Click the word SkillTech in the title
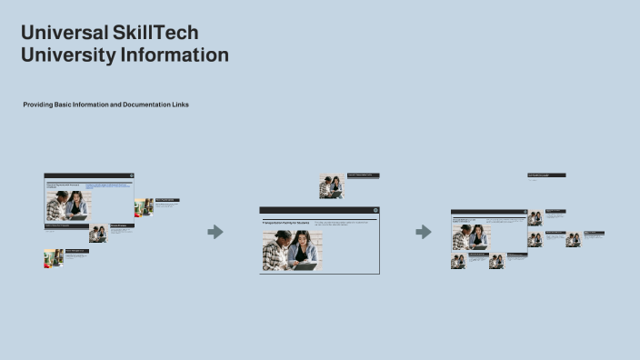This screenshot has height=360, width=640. tap(155, 34)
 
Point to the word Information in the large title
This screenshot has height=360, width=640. tap(174, 55)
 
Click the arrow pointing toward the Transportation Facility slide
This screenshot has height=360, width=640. tap(215, 232)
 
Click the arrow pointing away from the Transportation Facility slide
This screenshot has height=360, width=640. tap(424, 232)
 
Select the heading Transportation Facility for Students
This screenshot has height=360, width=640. tap(286, 222)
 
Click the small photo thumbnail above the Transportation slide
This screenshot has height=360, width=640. tap(332, 186)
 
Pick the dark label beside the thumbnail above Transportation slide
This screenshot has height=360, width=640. tap(363, 175)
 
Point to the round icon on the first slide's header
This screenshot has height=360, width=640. tap(131, 175)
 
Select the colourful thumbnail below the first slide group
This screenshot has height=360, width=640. tap(53, 258)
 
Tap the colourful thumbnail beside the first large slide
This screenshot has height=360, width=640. tap(144, 207)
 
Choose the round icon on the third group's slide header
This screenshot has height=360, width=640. tap(523, 212)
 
